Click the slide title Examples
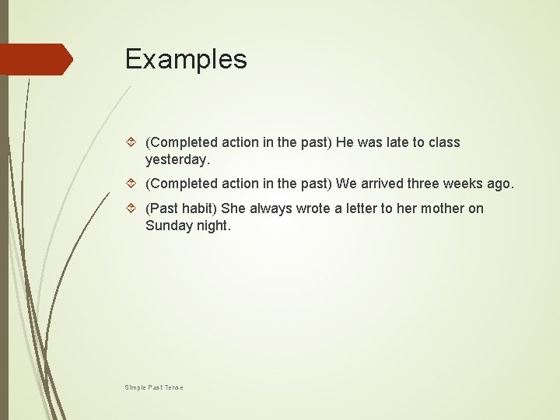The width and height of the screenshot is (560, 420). pos(186,59)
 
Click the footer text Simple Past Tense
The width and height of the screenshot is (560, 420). pos(153,387)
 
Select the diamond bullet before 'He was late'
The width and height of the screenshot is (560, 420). pos(132,142)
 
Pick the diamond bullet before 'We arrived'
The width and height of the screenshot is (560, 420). pos(132,184)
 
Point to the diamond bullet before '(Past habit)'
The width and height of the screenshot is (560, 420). pos(132,208)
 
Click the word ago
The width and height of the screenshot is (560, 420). pos(501,184)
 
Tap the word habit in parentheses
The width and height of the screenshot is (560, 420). pos(199,208)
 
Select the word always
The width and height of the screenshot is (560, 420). pos(270,208)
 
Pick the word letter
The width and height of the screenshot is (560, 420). pos(359,208)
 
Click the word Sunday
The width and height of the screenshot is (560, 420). pos(168,226)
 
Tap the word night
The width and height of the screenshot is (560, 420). pos(212,226)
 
